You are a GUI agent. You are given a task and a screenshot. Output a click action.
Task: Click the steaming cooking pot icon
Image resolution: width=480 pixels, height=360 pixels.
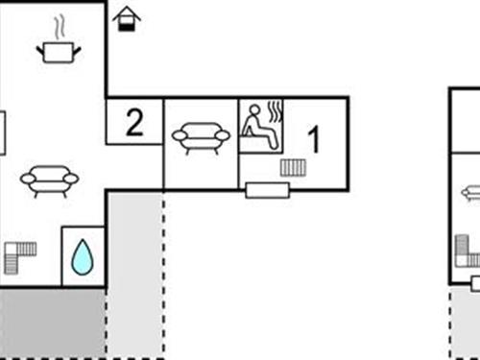(x=58, y=50)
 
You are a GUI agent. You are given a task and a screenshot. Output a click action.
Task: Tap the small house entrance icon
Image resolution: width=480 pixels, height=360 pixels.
(x=126, y=18)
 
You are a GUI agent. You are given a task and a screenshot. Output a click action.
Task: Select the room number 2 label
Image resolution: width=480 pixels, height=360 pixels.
(x=134, y=122)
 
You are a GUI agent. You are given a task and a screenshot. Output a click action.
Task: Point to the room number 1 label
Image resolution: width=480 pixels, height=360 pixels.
(x=314, y=139)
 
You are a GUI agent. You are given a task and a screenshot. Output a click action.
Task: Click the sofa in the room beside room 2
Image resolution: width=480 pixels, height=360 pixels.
(x=201, y=137)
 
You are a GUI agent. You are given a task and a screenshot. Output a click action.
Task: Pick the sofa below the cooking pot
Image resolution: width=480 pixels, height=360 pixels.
(x=50, y=179)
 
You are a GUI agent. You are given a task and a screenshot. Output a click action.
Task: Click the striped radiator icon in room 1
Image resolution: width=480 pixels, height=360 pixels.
(x=293, y=168)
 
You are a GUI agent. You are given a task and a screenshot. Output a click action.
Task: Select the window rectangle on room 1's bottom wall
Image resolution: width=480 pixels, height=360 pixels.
(x=265, y=190)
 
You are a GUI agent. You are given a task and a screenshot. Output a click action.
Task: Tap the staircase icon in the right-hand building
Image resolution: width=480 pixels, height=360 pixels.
(x=468, y=252)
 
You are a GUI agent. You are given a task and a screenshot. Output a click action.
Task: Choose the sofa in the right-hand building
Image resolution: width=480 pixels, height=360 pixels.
(x=470, y=193)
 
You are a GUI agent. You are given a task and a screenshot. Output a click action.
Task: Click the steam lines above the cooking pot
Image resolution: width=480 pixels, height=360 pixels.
(x=60, y=23)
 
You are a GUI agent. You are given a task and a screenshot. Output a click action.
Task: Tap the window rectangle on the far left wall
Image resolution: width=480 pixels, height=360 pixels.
(x=3, y=132)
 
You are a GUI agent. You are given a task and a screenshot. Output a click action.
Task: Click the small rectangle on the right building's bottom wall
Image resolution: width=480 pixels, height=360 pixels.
(x=475, y=282)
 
